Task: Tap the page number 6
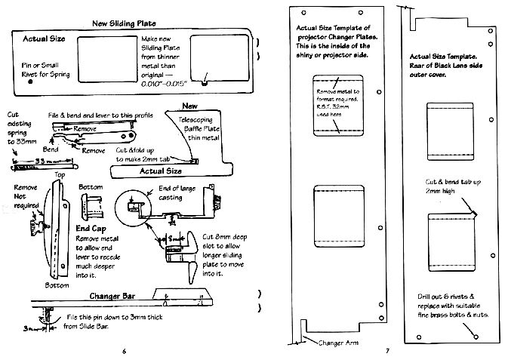123,350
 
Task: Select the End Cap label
91,227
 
